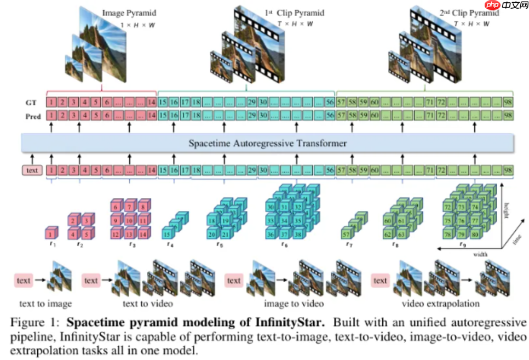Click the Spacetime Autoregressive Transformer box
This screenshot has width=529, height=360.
pos(267,144)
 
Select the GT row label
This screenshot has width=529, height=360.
pos(32,102)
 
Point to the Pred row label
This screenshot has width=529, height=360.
pos(33,116)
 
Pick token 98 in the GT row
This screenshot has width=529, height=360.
pos(508,102)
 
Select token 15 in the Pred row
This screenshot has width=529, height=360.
pos(163,115)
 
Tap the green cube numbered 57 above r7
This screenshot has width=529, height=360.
pos(347,233)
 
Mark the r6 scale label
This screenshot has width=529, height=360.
pos(284,244)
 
